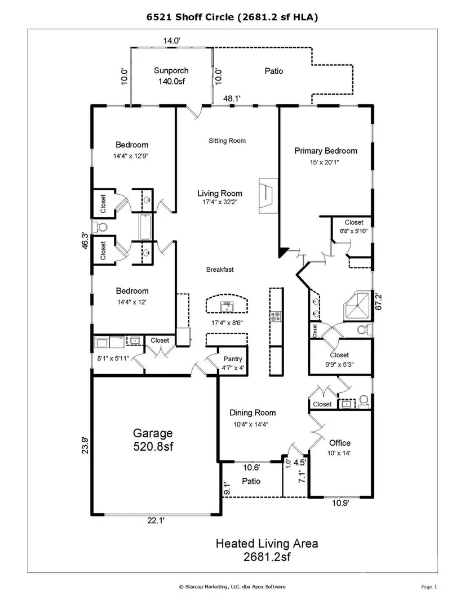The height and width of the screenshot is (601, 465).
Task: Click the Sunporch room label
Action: click(171, 70)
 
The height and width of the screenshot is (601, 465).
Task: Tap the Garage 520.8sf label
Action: click(153, 439)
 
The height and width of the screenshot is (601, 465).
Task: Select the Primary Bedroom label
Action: click(326, 151)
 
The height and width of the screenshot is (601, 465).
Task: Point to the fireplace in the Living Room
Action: click(268, 195)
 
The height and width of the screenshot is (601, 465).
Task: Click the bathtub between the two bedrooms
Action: click(145, 227)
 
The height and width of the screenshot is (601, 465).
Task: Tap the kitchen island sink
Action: click(227, 307)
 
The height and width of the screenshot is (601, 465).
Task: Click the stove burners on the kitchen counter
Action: click(276, 317)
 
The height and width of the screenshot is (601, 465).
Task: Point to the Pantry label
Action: click(233, 359)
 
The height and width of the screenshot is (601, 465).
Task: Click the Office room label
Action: click(340, 443)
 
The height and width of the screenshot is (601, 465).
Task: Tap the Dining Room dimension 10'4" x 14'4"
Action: click(251, 424)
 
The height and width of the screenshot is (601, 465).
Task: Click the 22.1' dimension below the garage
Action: click(156, 520)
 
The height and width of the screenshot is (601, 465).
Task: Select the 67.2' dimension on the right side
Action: click(379, 302)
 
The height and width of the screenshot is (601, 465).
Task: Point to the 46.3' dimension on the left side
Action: click(85, 241)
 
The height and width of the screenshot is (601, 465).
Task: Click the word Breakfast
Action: click(220, 270)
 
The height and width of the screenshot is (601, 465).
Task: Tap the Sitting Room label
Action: click(227, 141)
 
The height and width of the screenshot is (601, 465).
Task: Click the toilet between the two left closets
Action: click(100, 227)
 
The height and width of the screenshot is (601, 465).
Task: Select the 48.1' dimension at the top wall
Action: click(232, 98)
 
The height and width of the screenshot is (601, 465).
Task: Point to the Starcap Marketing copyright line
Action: click(232, 586)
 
